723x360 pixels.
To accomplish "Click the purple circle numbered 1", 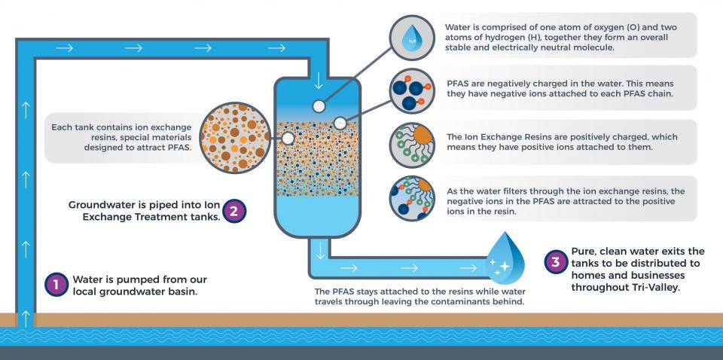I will point(56,284).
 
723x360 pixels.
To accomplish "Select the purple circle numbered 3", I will point(554,263).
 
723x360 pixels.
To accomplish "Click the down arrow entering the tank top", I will point(319,80).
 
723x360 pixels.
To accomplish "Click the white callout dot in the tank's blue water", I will point(319,106).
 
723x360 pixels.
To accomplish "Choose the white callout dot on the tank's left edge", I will point(287,139).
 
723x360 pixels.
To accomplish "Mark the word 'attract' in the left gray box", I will point(142,148).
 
